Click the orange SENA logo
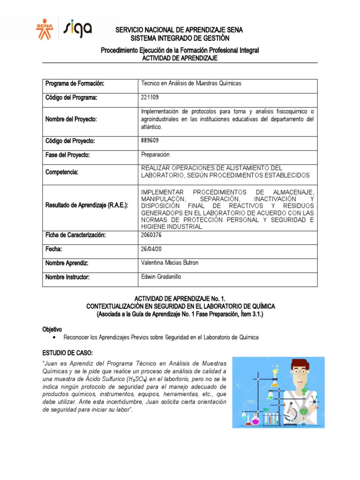pyautogui.click(x=45, y=29)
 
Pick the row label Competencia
pyautogui.click(x=61, y=172)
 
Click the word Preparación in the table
pyautogui.click(x=155, y=154)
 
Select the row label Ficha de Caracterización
pyautogui.click(x=75, y=234)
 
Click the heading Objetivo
pyautogui.click(x=52, y=330)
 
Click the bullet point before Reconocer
pyautogui.click(x=56, y=337)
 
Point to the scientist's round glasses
pyautogui.click(x=299, y=371)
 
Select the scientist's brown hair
pyautogui.click(x=299, y=363)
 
